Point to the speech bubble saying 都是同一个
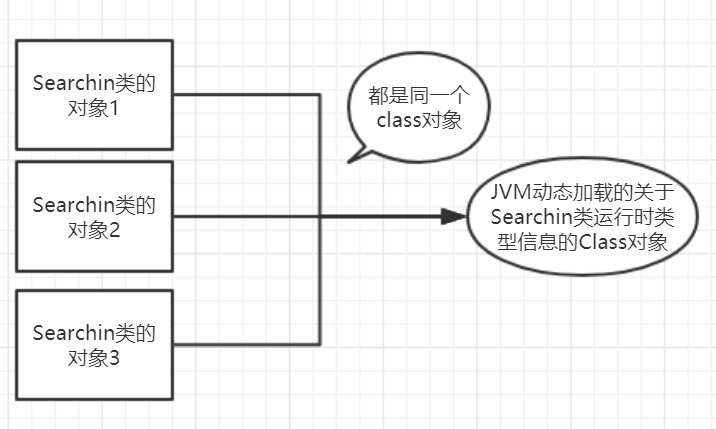[416, 110]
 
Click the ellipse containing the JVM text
[581, 216]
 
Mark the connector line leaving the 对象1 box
[250, 95]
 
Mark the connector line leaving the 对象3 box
[250, 343]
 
